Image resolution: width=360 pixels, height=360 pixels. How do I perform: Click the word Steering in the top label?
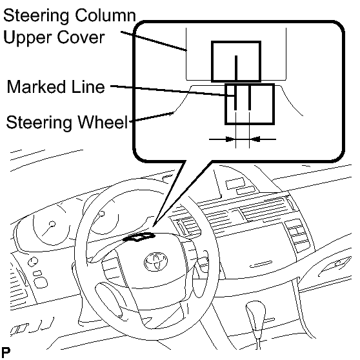[36, 17]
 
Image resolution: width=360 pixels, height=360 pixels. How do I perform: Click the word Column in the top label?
[105, 15]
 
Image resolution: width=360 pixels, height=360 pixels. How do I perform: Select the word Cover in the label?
[81, 37]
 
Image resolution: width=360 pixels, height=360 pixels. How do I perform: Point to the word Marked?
[36, 87]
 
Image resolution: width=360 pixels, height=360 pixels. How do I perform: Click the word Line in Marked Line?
[88, 87]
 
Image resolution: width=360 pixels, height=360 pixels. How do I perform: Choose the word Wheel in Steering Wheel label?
[103, 122]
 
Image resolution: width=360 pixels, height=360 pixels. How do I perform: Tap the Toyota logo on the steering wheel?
[156, 261]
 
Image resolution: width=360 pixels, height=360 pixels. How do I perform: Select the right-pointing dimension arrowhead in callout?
[230, 139]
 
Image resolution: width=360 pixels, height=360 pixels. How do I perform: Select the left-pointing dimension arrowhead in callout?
[255, 139]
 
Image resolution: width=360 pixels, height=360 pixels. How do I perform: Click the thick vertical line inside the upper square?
[236, 68]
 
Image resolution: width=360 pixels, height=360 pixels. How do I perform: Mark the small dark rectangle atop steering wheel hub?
[139, 237]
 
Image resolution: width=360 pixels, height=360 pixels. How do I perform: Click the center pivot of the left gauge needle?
[52, 224]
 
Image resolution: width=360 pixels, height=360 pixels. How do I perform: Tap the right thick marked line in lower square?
[250, 97]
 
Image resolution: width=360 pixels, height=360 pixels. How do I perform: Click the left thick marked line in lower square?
[235, 97]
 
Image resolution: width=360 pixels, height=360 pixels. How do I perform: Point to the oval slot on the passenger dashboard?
[261, 265]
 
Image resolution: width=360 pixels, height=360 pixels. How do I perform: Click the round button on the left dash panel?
[33, 262]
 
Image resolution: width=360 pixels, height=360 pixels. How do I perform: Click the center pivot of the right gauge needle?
[101, 214]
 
